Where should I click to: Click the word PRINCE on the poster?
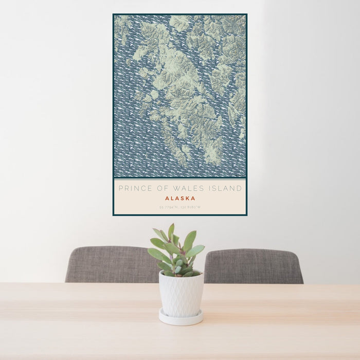point(132,189)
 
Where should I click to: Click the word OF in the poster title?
point(160,189)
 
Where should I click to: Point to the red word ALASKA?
point(180,198)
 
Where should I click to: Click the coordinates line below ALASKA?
point(180,207)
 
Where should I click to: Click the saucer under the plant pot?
point(180,318)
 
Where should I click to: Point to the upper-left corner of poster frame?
point(114,14)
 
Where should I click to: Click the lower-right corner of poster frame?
point(246,214)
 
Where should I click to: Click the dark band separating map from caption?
point(180,178)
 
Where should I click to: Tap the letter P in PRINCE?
point(120,189)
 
